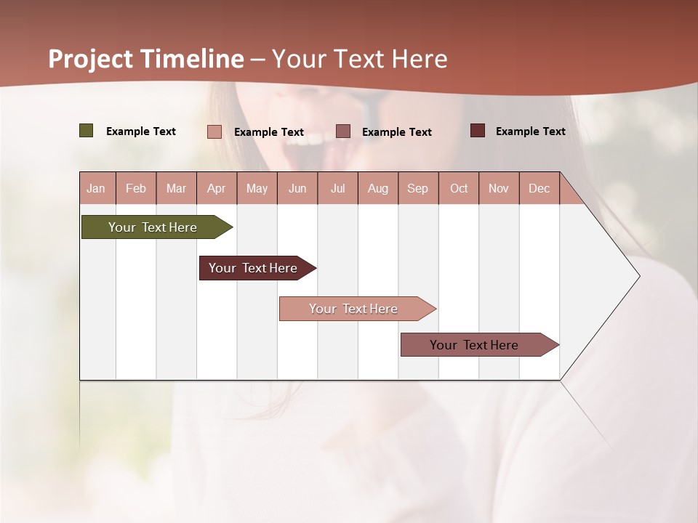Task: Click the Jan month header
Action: coord(97,188)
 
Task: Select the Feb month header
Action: coord(136,188)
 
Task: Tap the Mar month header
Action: coord(176,188)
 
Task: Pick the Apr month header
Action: coord(217,188)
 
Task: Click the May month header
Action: coord(257,188)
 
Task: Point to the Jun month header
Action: coord(297,188)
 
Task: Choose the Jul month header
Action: coord(337,188)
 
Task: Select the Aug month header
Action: coord(378,188)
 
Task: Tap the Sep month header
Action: coord(418,188)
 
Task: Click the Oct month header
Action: coord(459,188)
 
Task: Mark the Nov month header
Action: coord(499,188)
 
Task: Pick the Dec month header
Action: coord(539,188)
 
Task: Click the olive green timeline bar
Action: coord(153,227)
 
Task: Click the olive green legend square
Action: coord(87,131)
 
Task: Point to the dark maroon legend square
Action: coord(478,131)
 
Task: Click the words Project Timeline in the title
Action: coord(146,59)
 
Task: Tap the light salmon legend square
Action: coord(214,131)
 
